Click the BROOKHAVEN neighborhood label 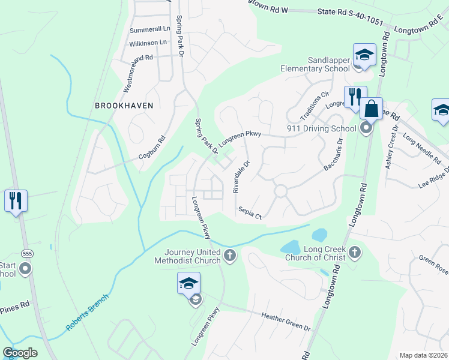pos(124,106)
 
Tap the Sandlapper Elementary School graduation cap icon pos(363,56)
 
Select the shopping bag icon pos(372,109)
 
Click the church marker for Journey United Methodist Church pos(229,256)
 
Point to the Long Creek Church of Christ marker pos(355,253)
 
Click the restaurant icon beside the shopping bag pos(355,97)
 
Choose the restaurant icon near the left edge pos(15,200)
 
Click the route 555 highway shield pos(27,254)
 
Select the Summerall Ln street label pos(149,29)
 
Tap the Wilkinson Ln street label pos(148,43)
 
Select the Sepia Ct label pos(250,212)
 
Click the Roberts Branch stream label pos(87,313)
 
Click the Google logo pos(20,353)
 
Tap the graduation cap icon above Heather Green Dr pos(188,283)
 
